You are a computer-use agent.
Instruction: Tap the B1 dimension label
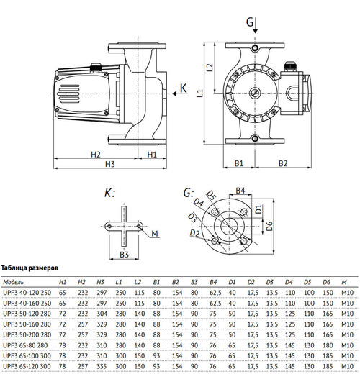tap(240, 163)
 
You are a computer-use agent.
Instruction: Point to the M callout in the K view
tap(156, 233)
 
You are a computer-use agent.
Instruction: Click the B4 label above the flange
tap(242, 190)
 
